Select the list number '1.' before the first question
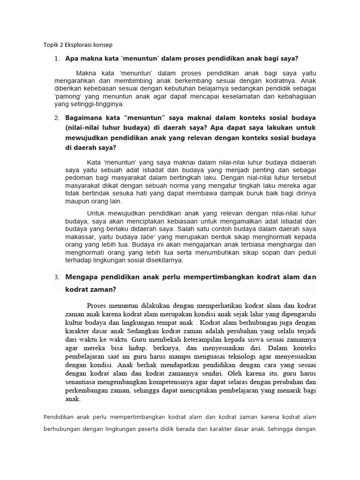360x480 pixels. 57,59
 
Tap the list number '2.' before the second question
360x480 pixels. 57,117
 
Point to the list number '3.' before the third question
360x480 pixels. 57,277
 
